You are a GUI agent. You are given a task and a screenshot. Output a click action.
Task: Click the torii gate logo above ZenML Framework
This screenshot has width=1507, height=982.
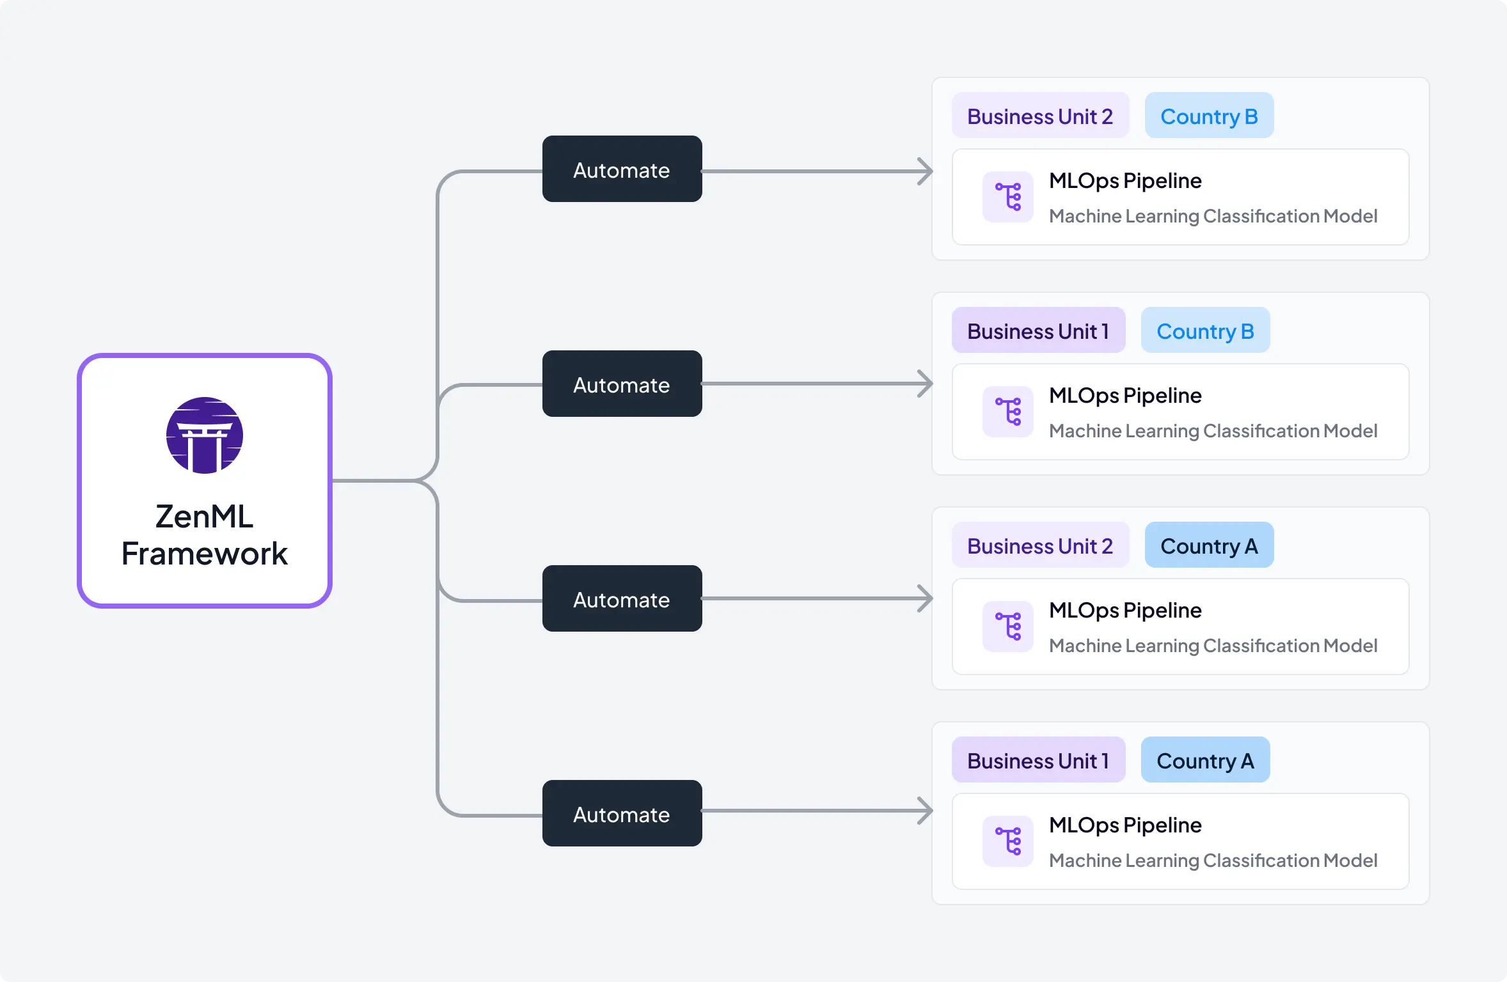pyautogui.click(x=204, y=435)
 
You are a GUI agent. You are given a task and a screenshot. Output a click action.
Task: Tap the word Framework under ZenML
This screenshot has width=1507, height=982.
pyautogui.click(x=204, y=554)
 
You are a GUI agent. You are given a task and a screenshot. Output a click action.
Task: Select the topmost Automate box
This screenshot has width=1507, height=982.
pyautogui.click(x=622, y=169)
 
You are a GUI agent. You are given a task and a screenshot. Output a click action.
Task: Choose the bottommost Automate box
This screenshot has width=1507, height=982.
pyautogui.click(x=622, y=813)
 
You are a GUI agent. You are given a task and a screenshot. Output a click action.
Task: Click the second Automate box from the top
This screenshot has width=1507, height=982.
pyautogui.click(x=622, y=384)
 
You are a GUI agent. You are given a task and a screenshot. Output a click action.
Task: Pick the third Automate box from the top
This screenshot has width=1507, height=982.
pyautogui.click(x=622, y=599)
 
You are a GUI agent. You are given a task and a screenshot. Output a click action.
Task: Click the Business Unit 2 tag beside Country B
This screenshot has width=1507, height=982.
pyautogui.click(x=1039, y=116)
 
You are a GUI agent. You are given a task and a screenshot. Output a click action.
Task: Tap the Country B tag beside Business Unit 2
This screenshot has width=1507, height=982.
pyautogui.click(x=1208, y=116)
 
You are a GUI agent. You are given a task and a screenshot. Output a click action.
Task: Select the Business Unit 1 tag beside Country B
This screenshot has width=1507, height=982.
pyautogui.click(x=1038, y=331)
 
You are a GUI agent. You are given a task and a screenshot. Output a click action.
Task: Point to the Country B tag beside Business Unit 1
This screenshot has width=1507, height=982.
pyautogui.click(x=1204, y=331)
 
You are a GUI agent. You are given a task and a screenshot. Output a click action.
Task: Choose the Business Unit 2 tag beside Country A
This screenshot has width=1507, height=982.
pyautogui.click(x=1039, y=545)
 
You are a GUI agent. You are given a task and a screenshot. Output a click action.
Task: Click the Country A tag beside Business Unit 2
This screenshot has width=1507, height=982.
pyautogui.click(x=1208, y=545)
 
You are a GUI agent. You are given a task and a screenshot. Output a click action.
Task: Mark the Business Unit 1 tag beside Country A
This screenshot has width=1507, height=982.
pyautogui.click(x=1038, y=760)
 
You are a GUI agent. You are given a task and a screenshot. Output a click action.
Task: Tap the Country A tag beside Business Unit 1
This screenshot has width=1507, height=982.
pyautogui.click(x=1204, y=760)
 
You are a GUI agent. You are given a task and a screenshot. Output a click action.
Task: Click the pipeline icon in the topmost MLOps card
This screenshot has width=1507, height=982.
pyautogui.click(x=1007, y=197)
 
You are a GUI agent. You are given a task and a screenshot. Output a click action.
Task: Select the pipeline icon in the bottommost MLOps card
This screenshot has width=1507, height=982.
pyautogui.click(x=1007, y=841)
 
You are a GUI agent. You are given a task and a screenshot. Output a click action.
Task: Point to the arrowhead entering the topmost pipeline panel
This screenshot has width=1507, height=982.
pyautogui.click(x=926, y=171)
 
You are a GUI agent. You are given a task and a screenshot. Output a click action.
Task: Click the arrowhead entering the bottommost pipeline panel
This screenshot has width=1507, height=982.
pyautogui.click(x=926, y=811)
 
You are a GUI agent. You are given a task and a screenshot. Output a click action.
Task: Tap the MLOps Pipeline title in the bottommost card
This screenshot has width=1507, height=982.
pyautogui.click(x=1125, y=825)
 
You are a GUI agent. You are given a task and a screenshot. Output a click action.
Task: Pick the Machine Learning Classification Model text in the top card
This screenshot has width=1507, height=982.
pyautogui.click(x=1213, y=216)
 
